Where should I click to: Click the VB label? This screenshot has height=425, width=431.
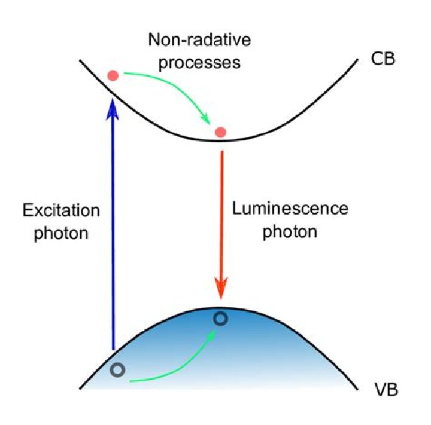pos(383,392)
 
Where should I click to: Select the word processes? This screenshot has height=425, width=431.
pos(196,62)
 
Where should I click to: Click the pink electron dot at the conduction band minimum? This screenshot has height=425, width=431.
pos(221,132)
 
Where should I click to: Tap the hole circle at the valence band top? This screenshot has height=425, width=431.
pos(221,319)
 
